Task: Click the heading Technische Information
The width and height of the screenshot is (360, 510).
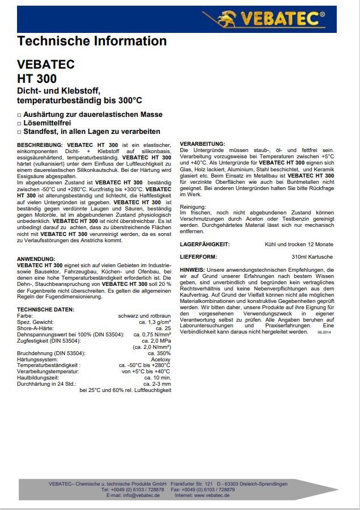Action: (x=92, y=41)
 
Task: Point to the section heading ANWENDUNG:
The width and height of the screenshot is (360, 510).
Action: (x=36, y=258)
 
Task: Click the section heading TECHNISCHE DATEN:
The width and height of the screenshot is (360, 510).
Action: (x=45, y=309)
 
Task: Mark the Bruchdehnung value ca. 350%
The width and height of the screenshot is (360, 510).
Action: (x=159, y=353)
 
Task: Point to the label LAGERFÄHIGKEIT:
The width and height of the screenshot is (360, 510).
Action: (x=204, y=244)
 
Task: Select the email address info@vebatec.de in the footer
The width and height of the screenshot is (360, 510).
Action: (x=141, y=495)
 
